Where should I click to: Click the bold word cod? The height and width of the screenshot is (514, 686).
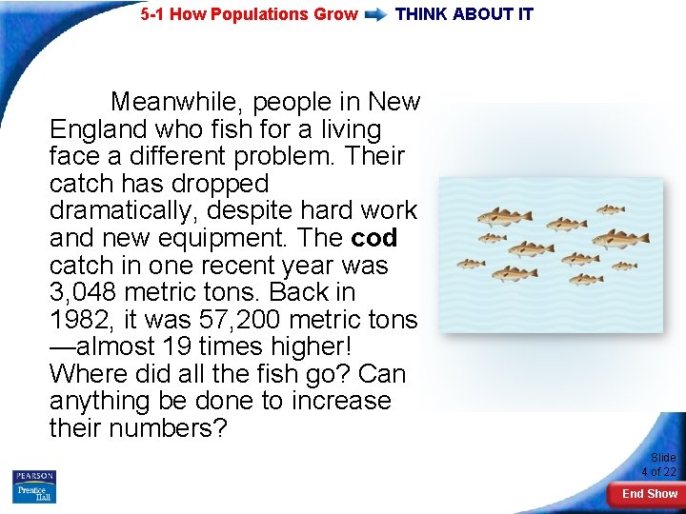374,238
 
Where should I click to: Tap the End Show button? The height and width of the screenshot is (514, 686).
649,494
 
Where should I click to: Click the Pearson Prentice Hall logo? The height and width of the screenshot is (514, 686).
34,486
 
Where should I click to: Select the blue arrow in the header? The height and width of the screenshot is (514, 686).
376,14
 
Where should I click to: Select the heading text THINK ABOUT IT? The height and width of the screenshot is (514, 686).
464,14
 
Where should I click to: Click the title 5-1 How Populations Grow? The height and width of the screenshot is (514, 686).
249,14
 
